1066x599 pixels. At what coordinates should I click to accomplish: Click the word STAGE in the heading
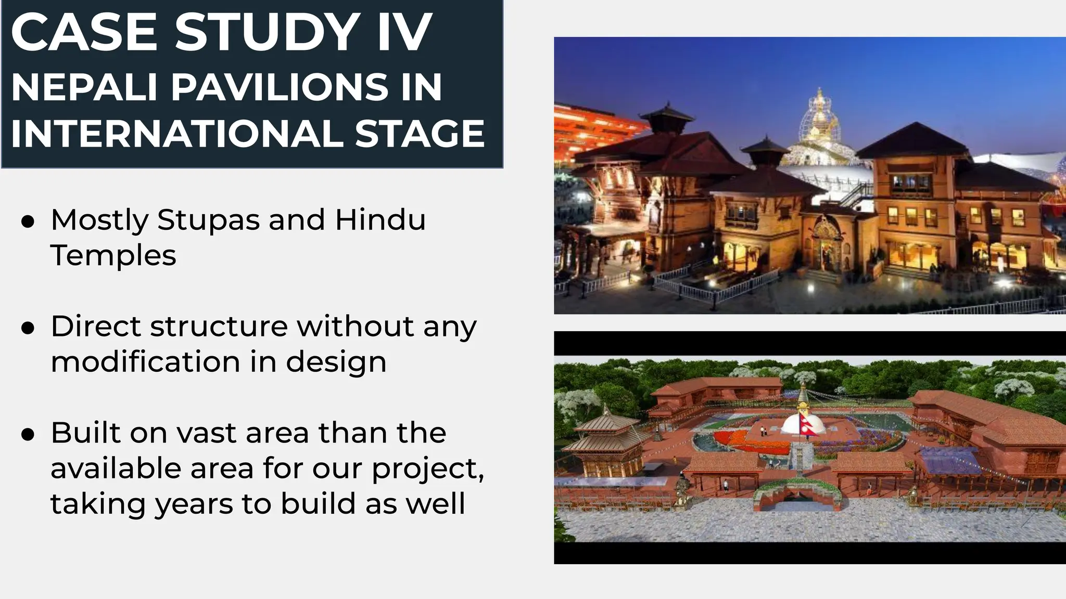click(x=420, y=134)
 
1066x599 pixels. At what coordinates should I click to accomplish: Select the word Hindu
click(x=380, y=219)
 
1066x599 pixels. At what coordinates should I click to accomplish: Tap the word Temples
click(x=113, y=255)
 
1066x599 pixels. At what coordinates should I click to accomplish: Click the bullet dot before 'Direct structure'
click(x=28, y=328)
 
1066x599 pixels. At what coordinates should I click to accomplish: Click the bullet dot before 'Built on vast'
click(x=28, y=434)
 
